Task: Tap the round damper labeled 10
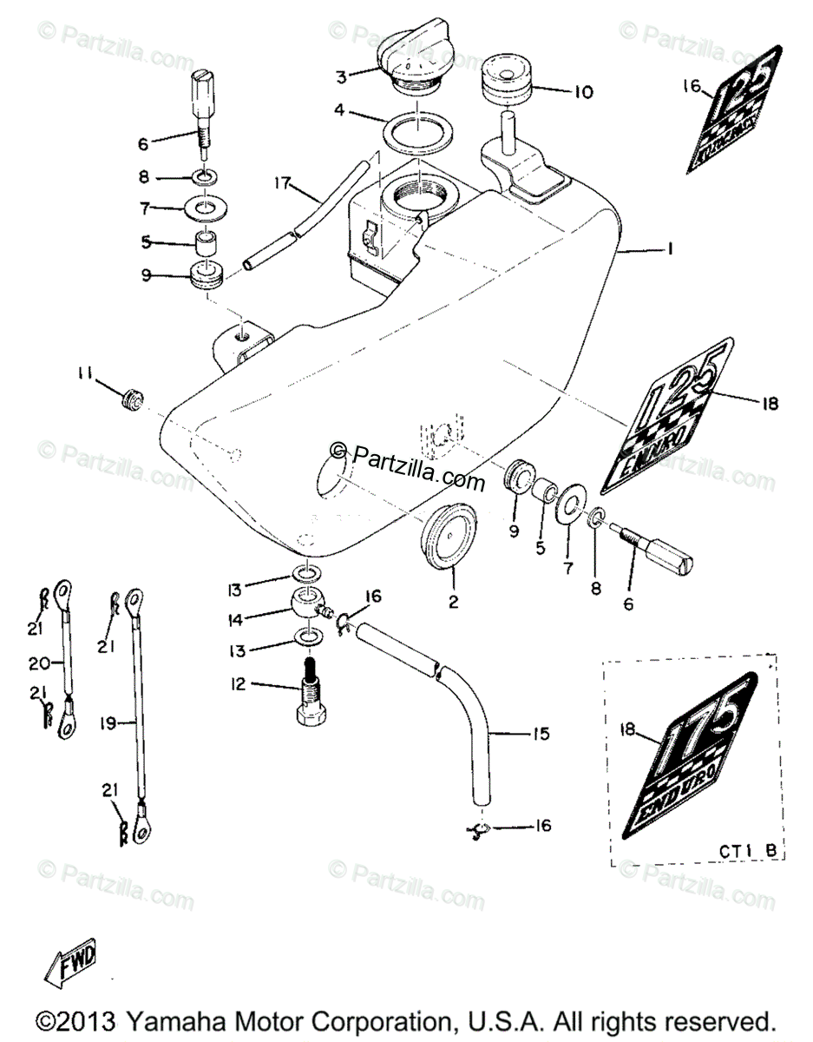(504, 82)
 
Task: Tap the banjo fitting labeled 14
(308, 603)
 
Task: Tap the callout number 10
(583, 91)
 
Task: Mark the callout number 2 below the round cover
(453, 601)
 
